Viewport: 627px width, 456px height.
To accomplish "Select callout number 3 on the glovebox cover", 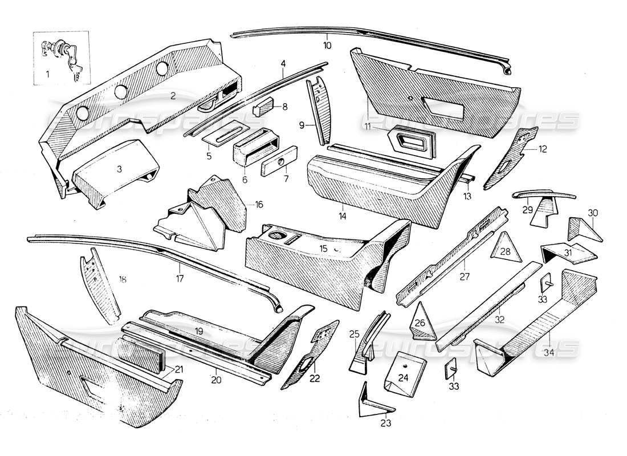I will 119,169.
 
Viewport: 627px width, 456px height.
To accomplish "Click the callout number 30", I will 593,212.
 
